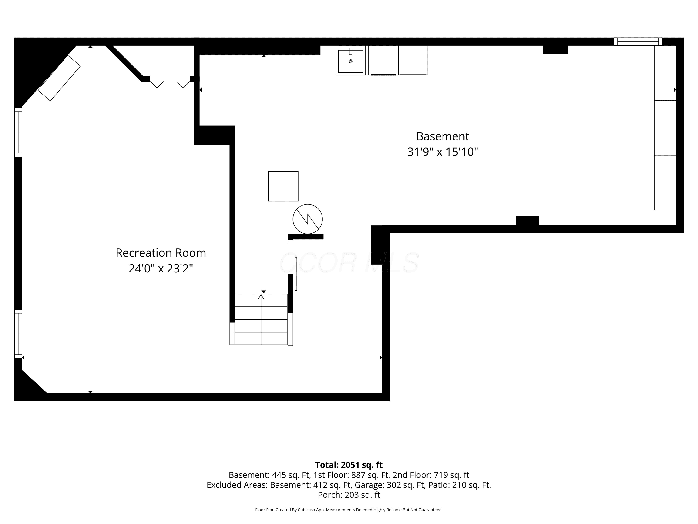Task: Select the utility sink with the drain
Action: tap(351, 60)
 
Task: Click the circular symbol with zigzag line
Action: tap(308, 219)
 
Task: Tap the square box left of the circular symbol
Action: tap(283, 186)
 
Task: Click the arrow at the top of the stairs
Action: tap(261, 297)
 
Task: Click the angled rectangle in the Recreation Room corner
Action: tap(59, 78)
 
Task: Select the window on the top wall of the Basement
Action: tap(638, 42)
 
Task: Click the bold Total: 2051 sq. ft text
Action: tap(349, 465)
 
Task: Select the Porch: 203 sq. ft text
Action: tap(349, 495)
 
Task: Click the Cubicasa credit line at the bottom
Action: tap(349, 510)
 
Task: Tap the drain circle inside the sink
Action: tap(351, 61)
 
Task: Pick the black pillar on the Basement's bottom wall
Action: tap(527, 221)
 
